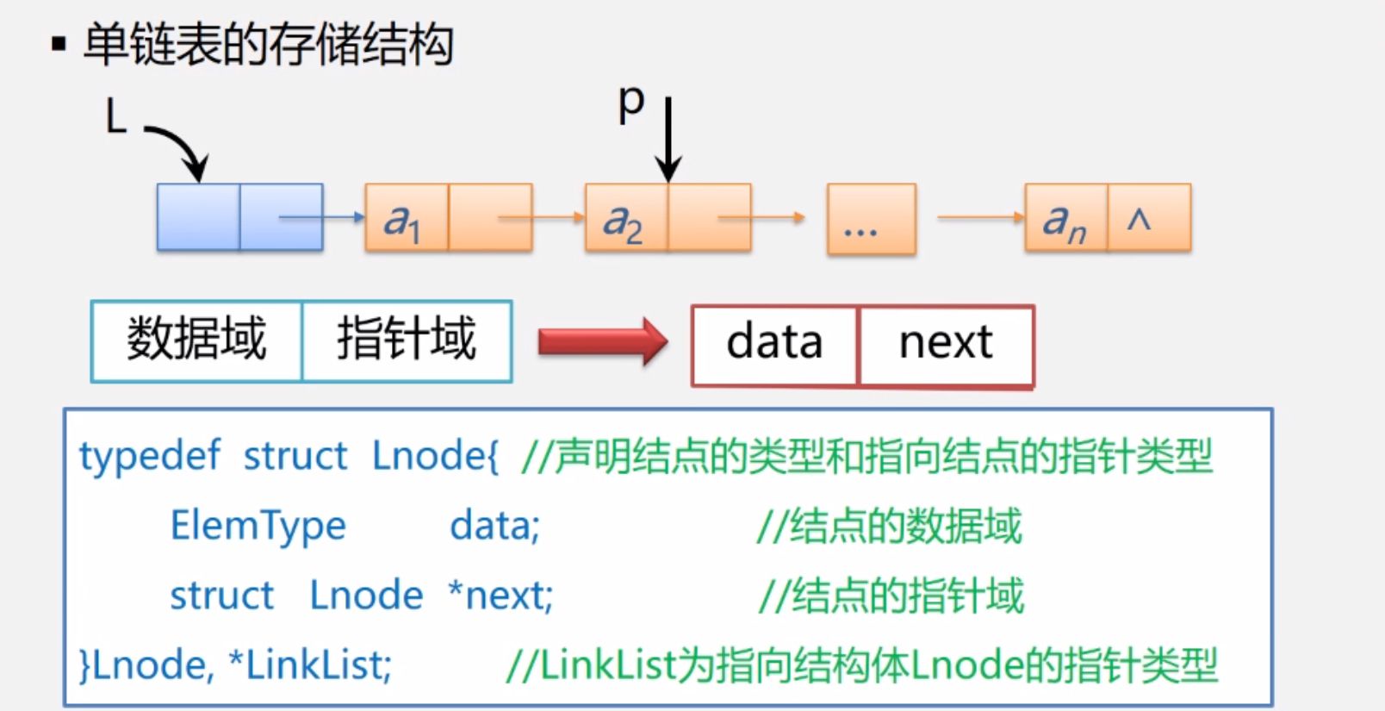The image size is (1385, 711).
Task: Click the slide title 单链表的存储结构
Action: (x=268, y=45)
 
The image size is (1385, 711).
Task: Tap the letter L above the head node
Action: (x=115, y=115)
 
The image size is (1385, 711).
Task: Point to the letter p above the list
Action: (x=631, y=104)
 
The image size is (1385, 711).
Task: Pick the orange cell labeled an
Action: (x=1065, y=218)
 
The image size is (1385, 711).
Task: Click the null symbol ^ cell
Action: (x=1148, y=218)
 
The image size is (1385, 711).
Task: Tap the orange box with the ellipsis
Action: (x=871, y=220)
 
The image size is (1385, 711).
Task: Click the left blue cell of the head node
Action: (x=198, y=217)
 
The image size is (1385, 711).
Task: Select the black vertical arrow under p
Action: (x=668, y=138)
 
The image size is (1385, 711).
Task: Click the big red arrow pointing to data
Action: (x=602, y=342)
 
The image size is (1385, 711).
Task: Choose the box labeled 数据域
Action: (x=197, y=340)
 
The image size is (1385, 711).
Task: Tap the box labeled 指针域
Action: (x=407, y=340)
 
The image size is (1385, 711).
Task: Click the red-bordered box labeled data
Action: (x=774, y=344)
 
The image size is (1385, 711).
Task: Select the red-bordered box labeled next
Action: (x=946, y=344)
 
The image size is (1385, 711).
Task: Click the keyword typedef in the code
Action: (x=150, y=456)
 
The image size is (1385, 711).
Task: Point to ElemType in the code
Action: (x=258, y=526)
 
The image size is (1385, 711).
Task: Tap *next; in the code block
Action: (x=500, y=596)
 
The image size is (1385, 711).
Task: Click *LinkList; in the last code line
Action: (x=310, y=664)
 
